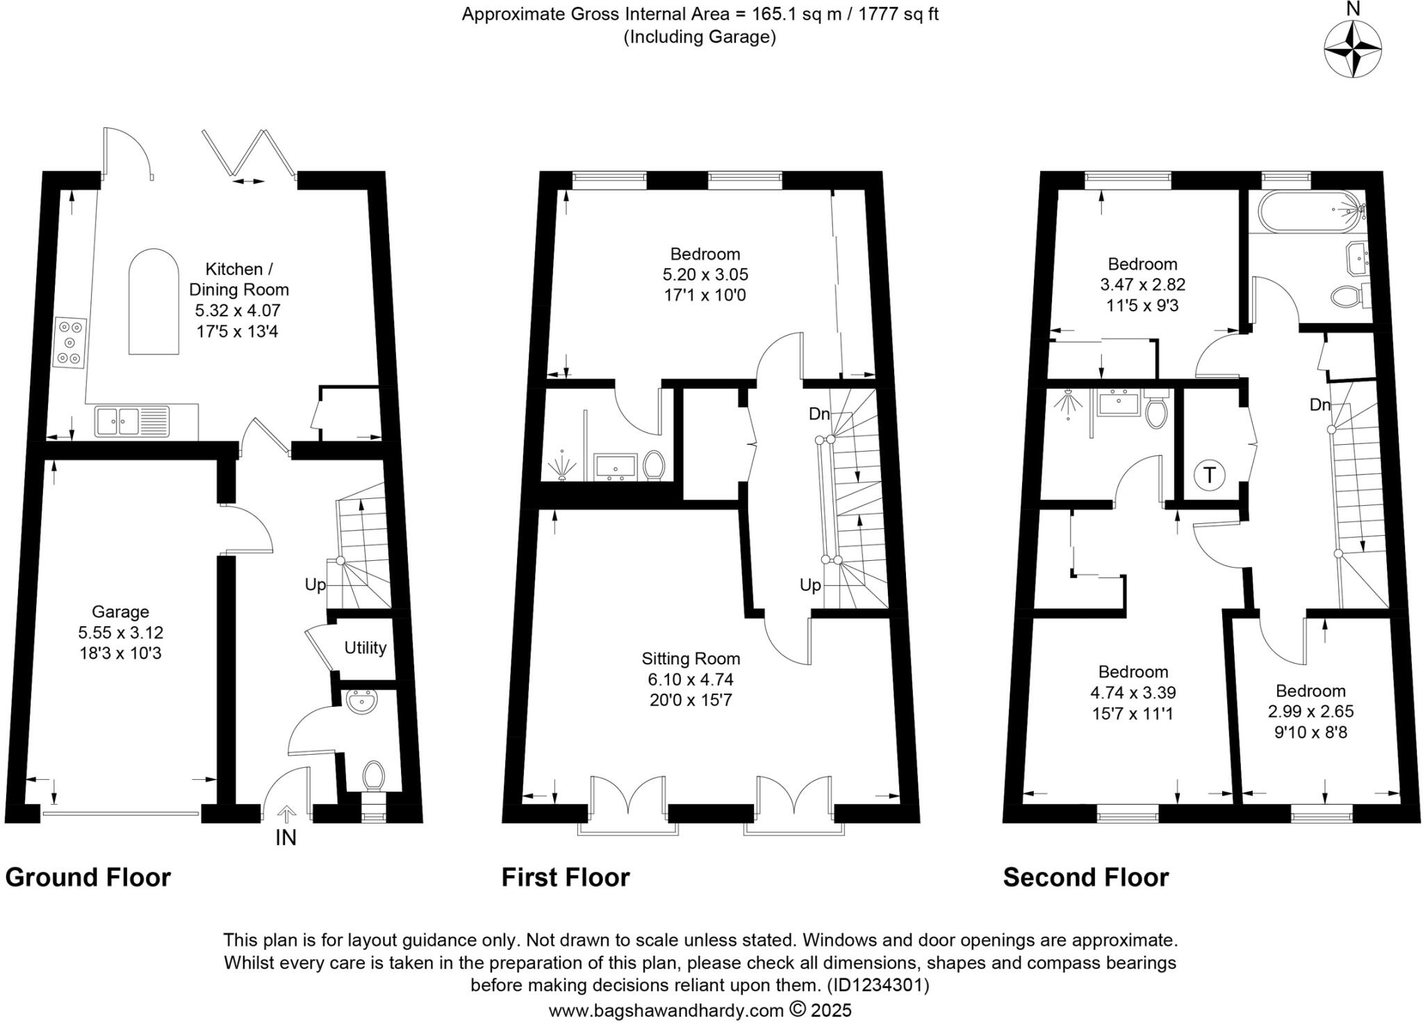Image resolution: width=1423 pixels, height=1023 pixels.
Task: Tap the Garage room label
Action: pos(120,612)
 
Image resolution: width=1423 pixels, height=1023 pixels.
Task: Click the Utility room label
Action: pos(365,648)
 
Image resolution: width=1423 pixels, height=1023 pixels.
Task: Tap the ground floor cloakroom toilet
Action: pos(374,775)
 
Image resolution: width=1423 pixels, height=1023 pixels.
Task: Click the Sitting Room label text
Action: pos(691,658)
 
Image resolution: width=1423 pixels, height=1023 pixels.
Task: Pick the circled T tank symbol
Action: pos(1210,475)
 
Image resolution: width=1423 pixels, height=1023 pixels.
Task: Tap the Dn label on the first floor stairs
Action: pos(819,414)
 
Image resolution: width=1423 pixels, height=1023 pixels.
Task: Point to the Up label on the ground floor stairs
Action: pos(315,584)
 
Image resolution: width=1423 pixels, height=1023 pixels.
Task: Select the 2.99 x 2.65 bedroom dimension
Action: pos(1310,711)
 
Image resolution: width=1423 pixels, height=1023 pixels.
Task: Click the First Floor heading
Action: pos(566,878)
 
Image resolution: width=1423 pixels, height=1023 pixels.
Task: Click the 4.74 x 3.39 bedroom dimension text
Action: pos(1133,692)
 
